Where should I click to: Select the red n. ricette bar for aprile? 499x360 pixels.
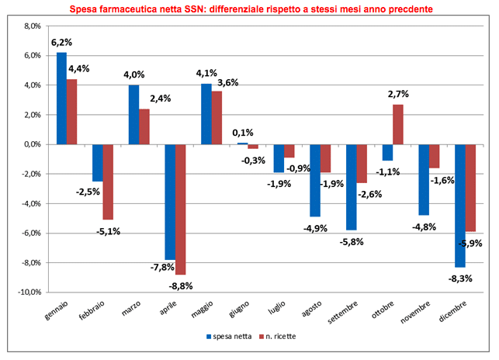point(181,209)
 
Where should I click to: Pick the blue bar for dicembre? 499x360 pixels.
point(459,206)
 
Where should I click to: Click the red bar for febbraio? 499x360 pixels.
point(108,182)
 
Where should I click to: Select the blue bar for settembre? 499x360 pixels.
point(351,187)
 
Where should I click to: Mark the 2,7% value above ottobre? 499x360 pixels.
point(398,95)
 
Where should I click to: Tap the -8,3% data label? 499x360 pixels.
point(459,277)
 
